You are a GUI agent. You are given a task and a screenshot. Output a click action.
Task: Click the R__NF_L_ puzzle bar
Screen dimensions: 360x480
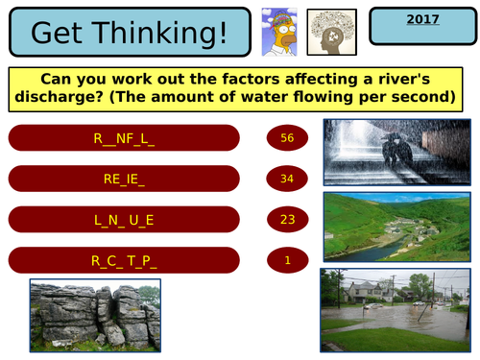[124, 138]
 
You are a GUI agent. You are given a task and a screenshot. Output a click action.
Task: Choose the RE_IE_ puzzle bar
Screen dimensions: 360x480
[124, 179]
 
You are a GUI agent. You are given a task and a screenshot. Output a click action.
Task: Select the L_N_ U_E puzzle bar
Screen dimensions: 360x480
[124, 219]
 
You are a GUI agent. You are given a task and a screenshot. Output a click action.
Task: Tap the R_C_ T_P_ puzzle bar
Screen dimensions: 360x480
[124, 259]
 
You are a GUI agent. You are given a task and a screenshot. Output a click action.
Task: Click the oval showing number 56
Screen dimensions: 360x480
[287, 138]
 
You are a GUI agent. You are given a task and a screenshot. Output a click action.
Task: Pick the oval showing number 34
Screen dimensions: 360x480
[287, 179]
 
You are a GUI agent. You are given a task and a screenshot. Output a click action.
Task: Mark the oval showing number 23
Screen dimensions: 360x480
[287, 219]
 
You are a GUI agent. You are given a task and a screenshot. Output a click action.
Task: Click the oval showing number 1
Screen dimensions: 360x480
[287, 259]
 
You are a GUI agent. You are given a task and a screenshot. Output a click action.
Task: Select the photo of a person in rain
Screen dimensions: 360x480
[394, 152]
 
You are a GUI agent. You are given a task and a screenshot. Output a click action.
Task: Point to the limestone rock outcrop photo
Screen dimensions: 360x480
[95, 314]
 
